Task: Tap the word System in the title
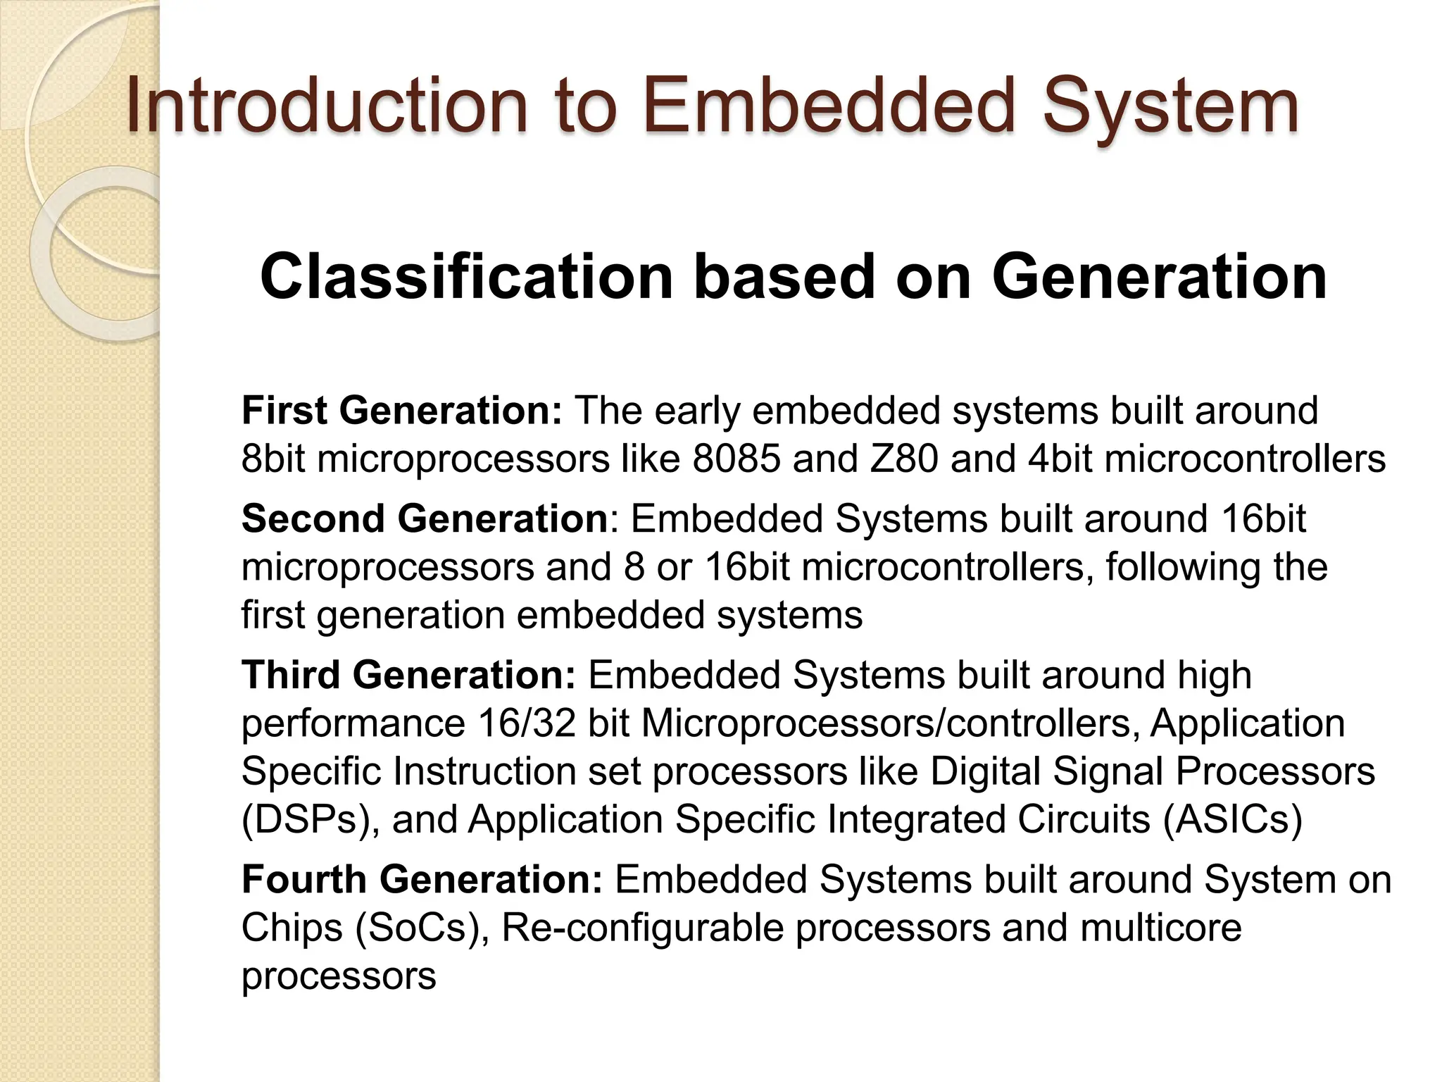click(1170, 107)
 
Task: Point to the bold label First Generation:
click(401, 411)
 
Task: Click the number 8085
click(736, 459)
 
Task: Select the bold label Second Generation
click(424, 519)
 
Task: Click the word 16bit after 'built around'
click(1263, 519)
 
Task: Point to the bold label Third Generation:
click(408, 675)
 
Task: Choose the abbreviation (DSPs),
click(311, 820)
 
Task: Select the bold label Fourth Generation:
click(422, 880)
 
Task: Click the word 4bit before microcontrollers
click(1060, 459)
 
